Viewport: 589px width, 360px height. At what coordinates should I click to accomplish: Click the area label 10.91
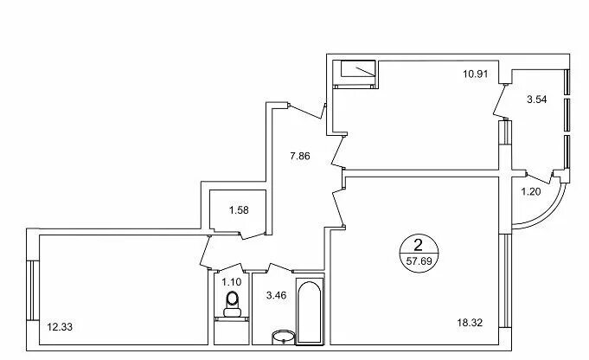tap(475, 74)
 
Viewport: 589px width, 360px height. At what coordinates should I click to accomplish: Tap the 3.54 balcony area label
tap(536, 100)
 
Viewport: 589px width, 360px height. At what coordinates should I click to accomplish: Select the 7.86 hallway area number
tap(300, 156)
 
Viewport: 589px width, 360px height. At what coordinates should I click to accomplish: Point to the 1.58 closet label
tap(239, 210)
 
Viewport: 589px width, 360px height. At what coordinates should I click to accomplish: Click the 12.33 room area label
tap(60, 327)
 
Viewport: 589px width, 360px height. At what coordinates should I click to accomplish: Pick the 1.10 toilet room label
tap(232, 281)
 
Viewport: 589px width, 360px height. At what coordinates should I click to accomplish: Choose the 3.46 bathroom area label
tap(276, 295)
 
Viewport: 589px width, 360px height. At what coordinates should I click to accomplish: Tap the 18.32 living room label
tap(470, 323)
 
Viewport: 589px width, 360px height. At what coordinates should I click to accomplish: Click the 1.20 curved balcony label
tap(530, 191)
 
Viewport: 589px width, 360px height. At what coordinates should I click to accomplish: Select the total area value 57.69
tap(419, 260)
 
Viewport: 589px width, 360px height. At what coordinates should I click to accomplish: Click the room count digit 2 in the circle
tap(418, 246)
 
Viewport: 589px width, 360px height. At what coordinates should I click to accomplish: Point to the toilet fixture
tap(232, 305)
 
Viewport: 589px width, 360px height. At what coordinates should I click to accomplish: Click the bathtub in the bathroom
tap(310, 312)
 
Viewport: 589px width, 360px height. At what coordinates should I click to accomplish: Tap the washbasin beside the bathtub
tap(283, 337)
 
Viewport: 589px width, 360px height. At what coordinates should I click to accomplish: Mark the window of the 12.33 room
tap(33, 290)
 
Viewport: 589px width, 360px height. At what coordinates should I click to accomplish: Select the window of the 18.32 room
tap(505, 280)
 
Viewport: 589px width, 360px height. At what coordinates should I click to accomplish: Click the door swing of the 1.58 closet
tap(253, 235)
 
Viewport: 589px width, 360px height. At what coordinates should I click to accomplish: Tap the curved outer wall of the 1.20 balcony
tap(549, 215)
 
